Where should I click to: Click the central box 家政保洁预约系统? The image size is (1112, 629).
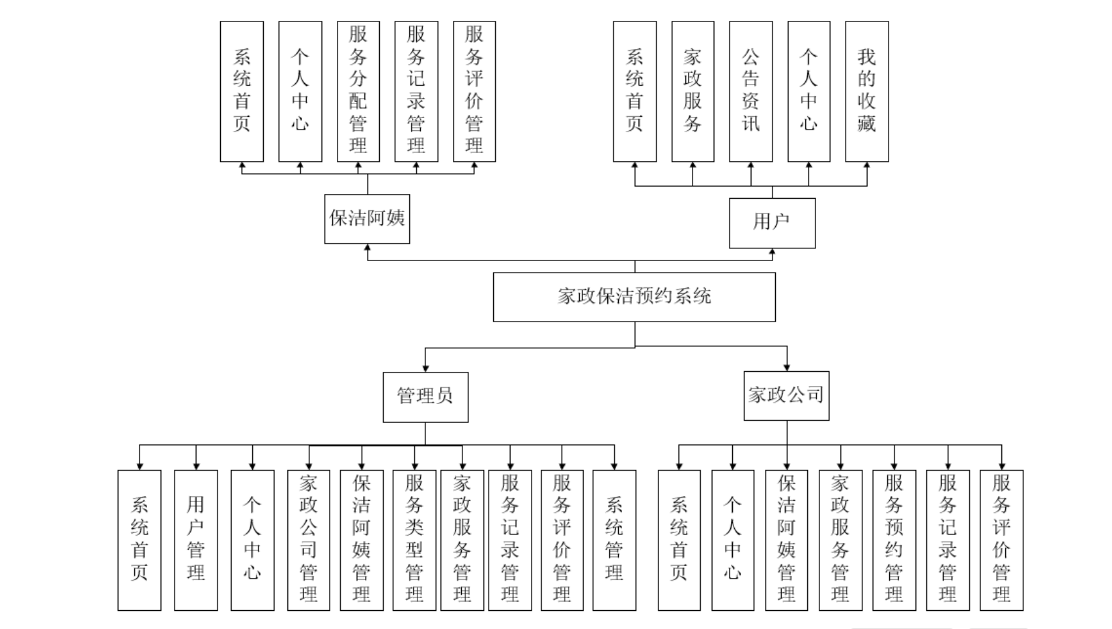[x=634, y=297]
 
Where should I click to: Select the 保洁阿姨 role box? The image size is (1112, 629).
[x=366, y=219]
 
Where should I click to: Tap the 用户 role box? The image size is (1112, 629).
[x=772, y=223]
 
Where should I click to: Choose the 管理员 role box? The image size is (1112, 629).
[x=425, y=397]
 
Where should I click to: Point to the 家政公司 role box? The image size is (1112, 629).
[x=786, y=395]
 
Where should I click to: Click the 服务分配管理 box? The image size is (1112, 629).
[x=358, y=91]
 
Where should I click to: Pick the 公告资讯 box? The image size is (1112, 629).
[x=750, y=91]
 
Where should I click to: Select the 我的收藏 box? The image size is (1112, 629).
[x=866, y=91]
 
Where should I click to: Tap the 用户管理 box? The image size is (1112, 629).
[x=195, y=540]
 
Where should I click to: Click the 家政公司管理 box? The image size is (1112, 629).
[x=308, y=540]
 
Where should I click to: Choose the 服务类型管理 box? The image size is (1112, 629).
[x=414, y=540]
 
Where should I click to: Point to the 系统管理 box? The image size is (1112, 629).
[x=614, y=540]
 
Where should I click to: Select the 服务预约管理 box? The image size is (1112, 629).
[x=894, y=540]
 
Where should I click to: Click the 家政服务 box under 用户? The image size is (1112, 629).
[x=693, y=91]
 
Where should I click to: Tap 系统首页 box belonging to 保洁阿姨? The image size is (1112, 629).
[x=242, y=91]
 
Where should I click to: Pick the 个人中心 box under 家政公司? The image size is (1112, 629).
[x=732, y=540]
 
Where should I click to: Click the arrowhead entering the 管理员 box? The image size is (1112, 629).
[x=425, y=368]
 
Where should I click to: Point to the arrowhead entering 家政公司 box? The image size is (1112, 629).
[x=787, y=367]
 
